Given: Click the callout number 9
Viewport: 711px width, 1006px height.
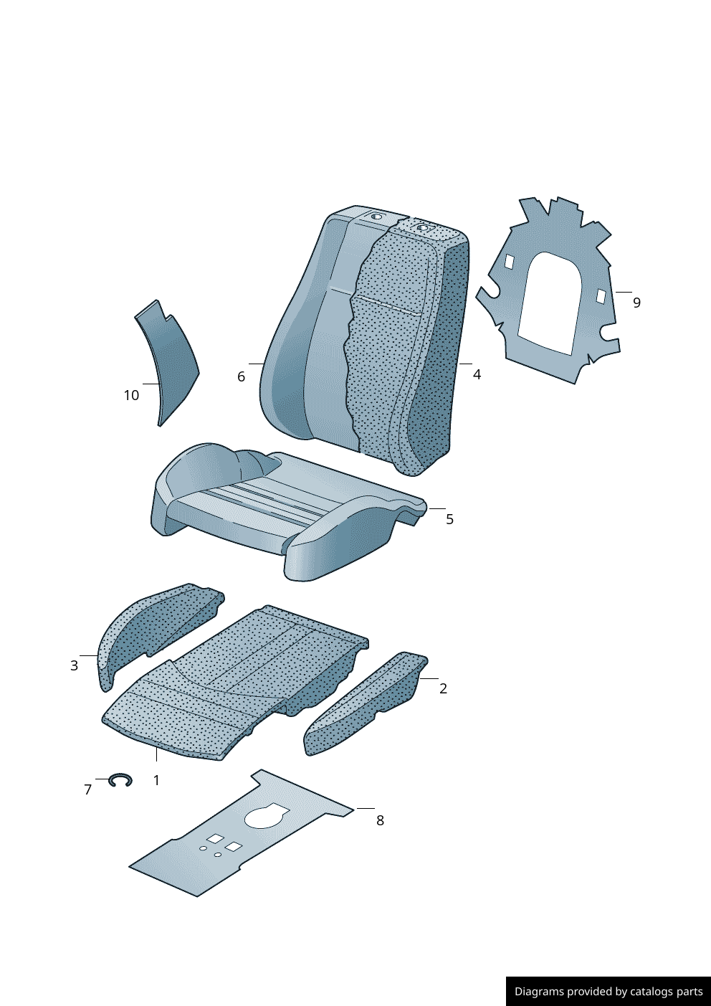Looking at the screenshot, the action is [636, 303].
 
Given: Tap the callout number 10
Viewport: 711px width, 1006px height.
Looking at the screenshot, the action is [131, 395].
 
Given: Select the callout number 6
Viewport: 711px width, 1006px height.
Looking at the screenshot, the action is [241, 376].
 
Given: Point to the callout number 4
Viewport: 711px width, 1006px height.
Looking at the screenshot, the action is [477, 374].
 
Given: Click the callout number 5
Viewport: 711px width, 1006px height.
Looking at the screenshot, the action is [450, 519].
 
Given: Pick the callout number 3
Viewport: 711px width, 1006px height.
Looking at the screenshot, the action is [74, 665].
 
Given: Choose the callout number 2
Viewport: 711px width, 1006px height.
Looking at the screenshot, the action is [443, 688].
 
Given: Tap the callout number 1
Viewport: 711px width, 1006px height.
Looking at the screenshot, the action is [156, 781].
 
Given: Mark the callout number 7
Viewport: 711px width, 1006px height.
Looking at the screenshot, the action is [88, 789].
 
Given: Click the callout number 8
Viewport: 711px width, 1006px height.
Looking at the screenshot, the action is [380, 820].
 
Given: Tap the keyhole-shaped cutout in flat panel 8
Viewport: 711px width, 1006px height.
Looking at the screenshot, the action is [266, 817].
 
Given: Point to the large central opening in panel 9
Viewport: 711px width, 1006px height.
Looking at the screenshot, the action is [550, 303].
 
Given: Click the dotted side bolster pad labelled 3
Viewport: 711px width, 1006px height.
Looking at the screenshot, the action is [153, 632].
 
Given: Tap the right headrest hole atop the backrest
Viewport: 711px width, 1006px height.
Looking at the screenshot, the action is [422, 227].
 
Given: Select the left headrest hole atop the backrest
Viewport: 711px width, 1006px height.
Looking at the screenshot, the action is [376, 217].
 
